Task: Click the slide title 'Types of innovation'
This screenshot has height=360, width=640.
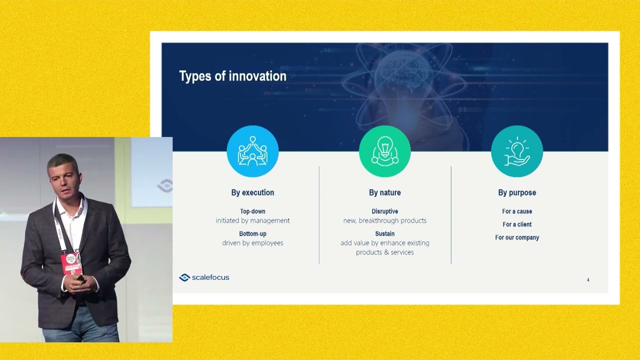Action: coord(232,76)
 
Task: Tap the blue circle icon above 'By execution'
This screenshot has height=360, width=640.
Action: coord(252,151)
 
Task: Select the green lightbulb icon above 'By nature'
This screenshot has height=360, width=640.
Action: coord(385,151)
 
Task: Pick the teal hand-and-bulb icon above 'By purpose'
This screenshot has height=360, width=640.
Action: coord(517,151)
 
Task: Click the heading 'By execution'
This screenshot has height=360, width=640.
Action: coord(252,192)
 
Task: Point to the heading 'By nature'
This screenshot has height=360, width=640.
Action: coord(385,192)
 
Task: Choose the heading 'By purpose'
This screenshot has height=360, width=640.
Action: coord(517,192)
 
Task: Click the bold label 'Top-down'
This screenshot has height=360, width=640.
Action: coord(252,211)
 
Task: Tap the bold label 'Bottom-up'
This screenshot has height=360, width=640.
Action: coord(252,233)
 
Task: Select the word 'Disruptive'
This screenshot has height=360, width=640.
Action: coord(385,211)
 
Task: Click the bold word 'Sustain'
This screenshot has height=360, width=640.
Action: coord(385,233)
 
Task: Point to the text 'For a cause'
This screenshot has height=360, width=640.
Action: coord(517,211)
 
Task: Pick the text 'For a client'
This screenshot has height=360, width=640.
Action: coord(517,224)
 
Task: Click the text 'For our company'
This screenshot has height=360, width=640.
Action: coord(517,237)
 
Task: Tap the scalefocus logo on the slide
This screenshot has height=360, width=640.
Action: coord(204,277)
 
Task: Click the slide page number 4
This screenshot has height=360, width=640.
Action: coord(588,279)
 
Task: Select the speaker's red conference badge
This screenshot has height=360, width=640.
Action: coord(71,263)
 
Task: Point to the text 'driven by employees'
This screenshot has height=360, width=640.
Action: coord(252,243)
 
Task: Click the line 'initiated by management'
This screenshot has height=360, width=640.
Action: coord(252,220)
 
